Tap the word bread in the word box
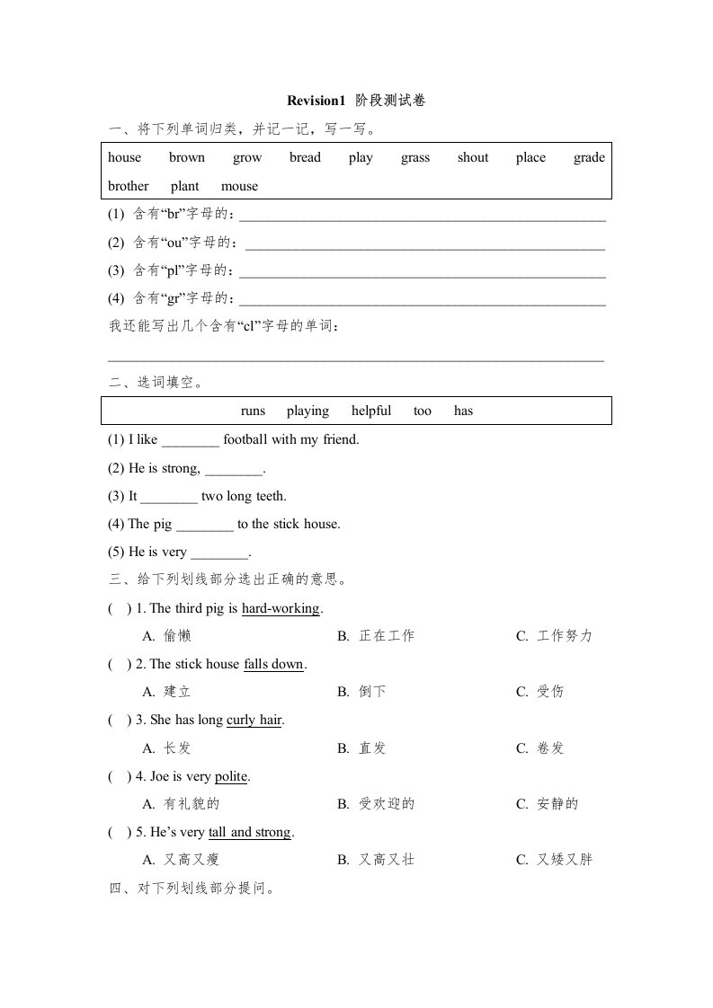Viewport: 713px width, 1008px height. [x=305, y=157]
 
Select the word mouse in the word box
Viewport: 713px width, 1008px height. [x=239, y=186]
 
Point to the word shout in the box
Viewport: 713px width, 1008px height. [x=472, y=157]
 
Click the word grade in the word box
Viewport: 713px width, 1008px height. [x=589, y=157]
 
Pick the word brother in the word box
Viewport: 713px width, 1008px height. [x=129, y=186]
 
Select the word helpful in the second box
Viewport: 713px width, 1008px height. [x=371, y=411]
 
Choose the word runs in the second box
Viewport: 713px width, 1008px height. [x=254, y=411]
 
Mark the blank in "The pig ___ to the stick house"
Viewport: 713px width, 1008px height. [x=204, y=525]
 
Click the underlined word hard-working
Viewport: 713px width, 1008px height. [x=281, y=608]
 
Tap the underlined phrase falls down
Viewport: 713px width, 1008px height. [x=274, y=664]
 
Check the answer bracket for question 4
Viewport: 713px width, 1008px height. [x=118, y=776]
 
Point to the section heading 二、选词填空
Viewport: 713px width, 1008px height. [x=155, y=383]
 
